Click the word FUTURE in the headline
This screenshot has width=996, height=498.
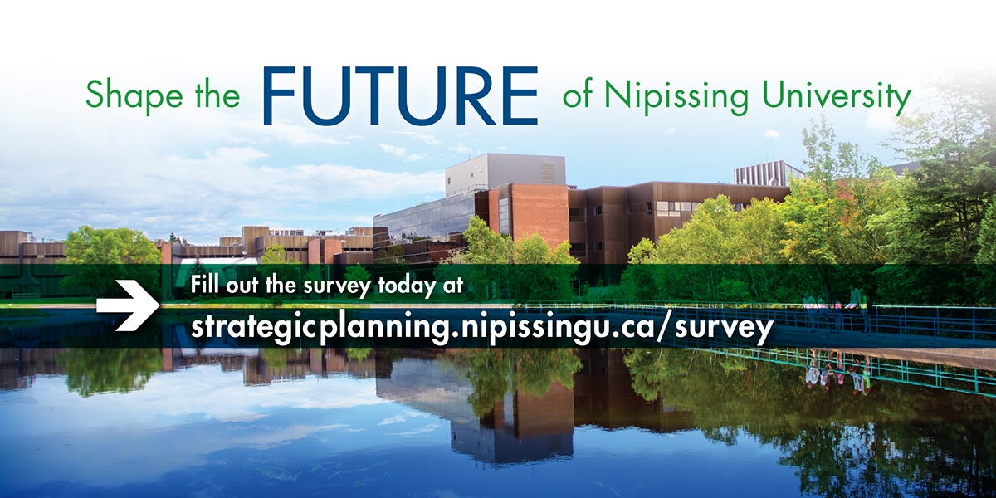coord(400,95)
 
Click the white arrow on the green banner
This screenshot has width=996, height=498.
coord(127,304)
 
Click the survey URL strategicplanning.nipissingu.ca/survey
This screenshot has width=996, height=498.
coord(481,326)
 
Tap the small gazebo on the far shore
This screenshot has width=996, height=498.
coord(26,286)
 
